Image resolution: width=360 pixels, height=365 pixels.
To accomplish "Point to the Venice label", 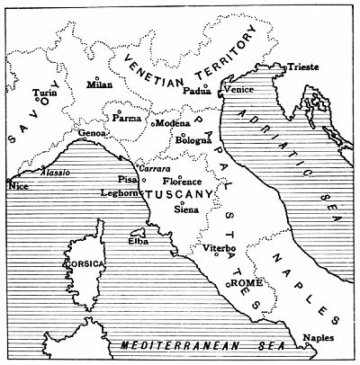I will pyautogui.click(x=238, y=91).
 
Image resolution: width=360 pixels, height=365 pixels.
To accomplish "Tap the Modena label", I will pyautogui.click(x=173, y=122).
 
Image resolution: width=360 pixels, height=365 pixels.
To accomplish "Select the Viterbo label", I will pyautogui.click(x=220, y=247).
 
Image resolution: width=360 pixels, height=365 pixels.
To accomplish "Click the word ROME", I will pyautogui.click(x=246, y=282).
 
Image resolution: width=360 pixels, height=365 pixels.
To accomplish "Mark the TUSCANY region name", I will pyautogui.click(x=179, y=194).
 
